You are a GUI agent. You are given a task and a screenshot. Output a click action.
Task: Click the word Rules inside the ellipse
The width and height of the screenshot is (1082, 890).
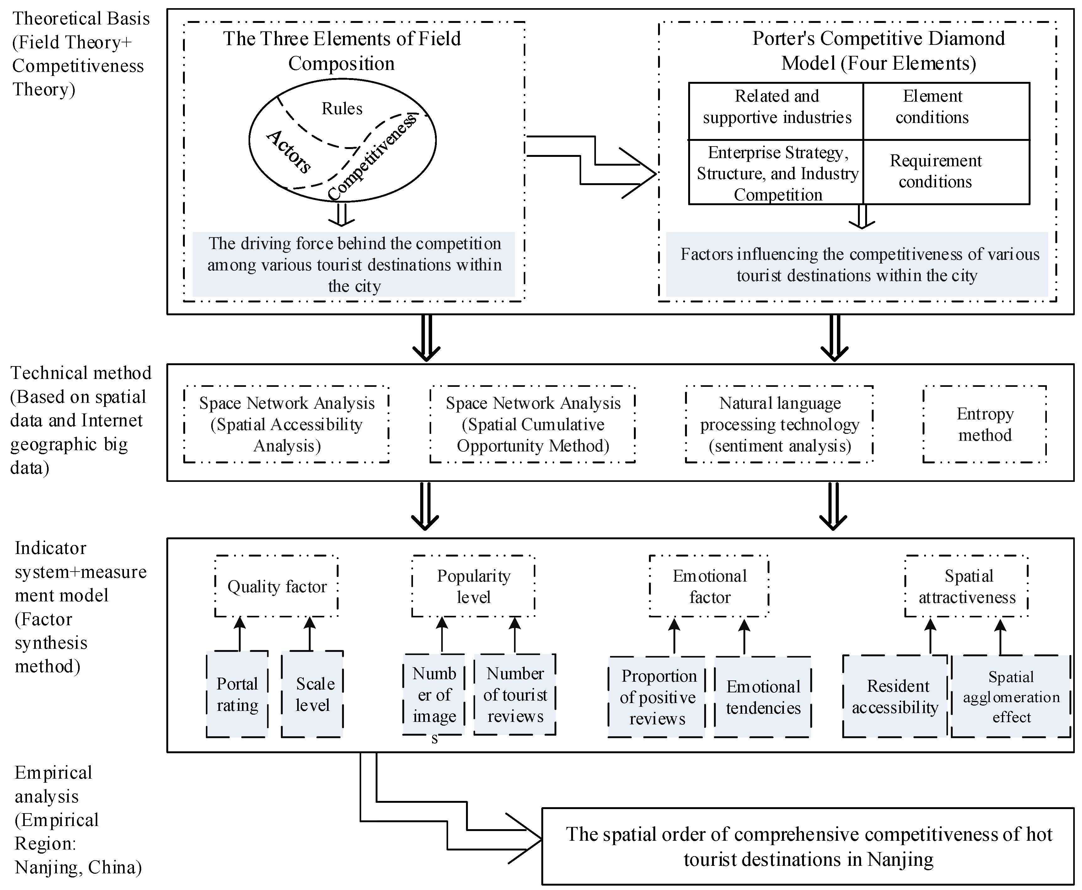point(341,109)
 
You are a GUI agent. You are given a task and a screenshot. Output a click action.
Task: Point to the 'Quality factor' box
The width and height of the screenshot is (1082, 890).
point(276,586)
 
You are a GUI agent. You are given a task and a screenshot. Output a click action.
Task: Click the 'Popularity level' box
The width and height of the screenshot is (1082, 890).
point(473,586)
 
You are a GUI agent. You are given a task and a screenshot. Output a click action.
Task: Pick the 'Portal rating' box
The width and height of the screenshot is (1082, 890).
point(237,694)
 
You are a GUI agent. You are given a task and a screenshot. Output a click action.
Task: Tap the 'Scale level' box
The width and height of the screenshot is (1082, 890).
point(312,694)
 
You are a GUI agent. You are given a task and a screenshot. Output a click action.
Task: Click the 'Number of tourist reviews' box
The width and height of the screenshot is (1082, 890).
point(515,694)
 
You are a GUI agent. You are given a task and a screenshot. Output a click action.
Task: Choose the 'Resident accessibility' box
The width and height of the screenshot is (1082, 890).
point(895,696)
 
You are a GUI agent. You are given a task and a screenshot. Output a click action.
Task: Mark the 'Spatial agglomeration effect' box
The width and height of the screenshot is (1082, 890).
point(1011,696)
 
